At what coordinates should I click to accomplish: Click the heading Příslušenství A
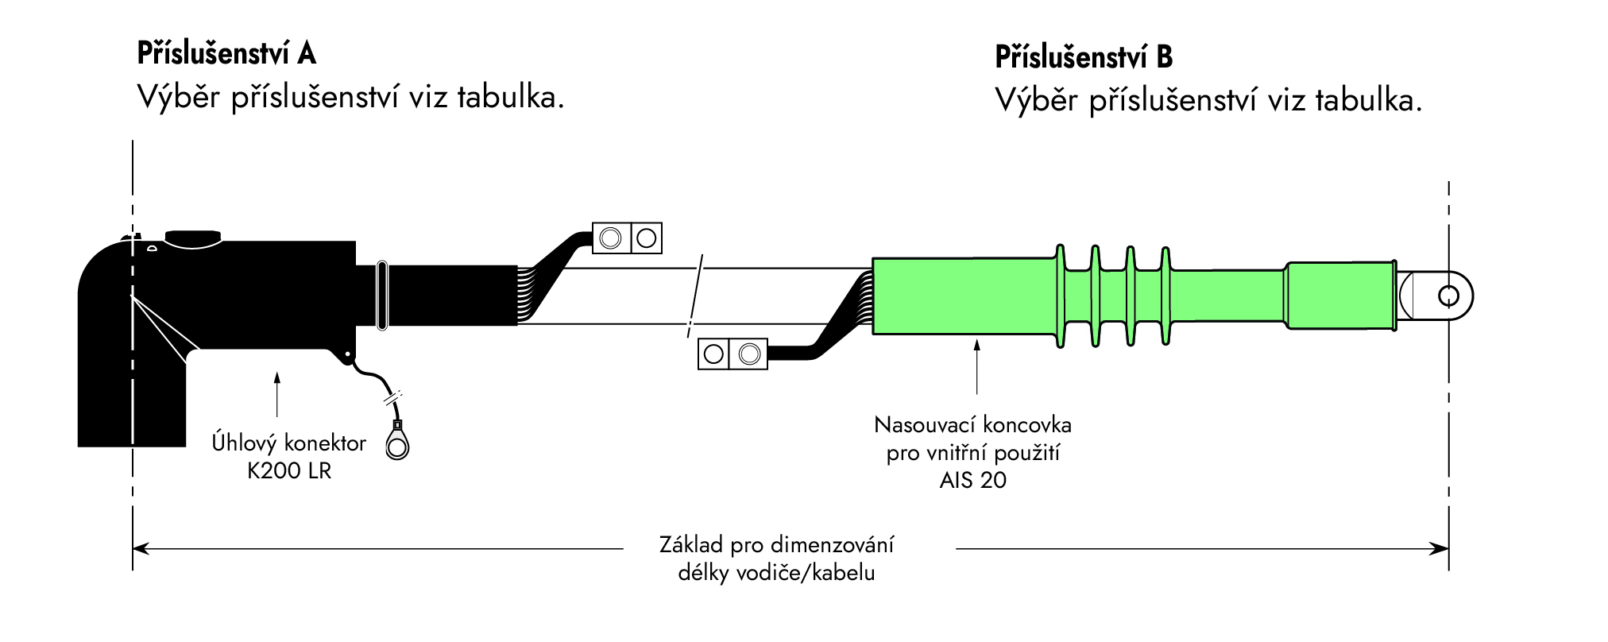[x=226, y=53]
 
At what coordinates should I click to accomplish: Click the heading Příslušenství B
[x=1084, y=57]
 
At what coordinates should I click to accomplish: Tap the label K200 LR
[x=289, y=470]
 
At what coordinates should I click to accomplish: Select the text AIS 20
[x=972, y=480]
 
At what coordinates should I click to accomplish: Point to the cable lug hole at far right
[x=1448, y=296]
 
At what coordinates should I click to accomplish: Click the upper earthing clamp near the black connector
[x=627, y=238]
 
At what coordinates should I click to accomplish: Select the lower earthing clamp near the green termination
[x=732, y=354]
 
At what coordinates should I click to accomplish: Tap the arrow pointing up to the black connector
[x=277, y=393]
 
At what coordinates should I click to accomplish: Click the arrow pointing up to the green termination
[x=977, y=365]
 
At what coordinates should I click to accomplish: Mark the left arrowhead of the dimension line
[x=140, y=548]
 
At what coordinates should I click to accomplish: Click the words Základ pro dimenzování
[x=776, y=545]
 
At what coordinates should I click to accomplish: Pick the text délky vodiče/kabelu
[x=776, y=573]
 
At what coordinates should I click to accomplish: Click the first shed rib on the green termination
[x=1059, y=296]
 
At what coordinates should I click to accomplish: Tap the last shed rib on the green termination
[x=1165, y=296]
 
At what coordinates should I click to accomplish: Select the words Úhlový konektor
[x=288, y=443]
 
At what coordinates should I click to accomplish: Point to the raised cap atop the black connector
[x=192, y=237]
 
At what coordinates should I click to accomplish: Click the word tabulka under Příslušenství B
[x=1367, y=100]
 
